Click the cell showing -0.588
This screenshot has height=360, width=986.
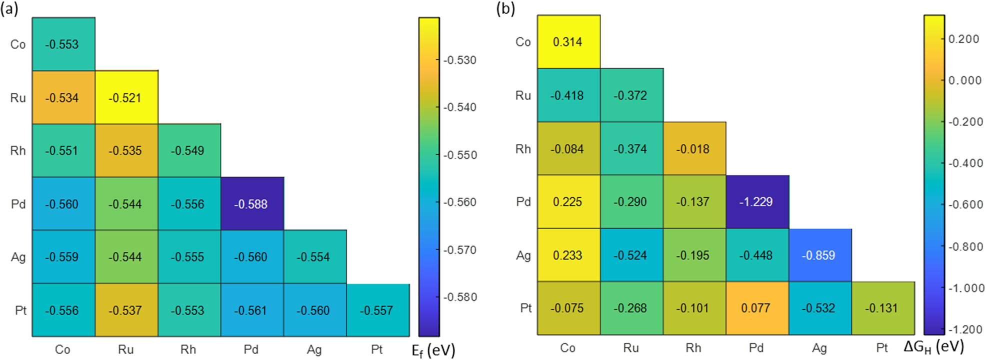[x=252, y=203]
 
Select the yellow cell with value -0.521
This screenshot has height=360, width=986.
[x=126, y=97]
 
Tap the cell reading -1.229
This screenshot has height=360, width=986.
[x=757, y=201]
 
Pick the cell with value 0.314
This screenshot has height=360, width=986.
[x=568, y=41]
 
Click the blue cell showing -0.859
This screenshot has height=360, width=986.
[x=819, y=255]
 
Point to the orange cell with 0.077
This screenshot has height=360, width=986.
[x=757, y=308]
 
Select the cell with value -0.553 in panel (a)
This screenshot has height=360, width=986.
[x=63, y=44]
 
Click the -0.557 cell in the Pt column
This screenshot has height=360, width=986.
[x=377, y=310]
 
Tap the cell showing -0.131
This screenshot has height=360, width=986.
[x=882, y=308]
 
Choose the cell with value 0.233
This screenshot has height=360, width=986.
[x=568, y=255]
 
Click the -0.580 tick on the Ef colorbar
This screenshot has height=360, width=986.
[x=460, y=297]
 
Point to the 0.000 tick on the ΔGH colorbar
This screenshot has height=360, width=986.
[x=964, y=80]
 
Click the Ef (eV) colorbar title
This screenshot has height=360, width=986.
[x=433, y=350]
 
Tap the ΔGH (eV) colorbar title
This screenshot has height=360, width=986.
[x=933, y=346]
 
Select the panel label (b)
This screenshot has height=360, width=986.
[x=505, y=9]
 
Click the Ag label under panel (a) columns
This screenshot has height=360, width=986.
[x=314, y=349]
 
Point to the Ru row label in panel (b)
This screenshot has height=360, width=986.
[x=523, y=95]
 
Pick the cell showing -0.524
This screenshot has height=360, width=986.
[x=631, y=255]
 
